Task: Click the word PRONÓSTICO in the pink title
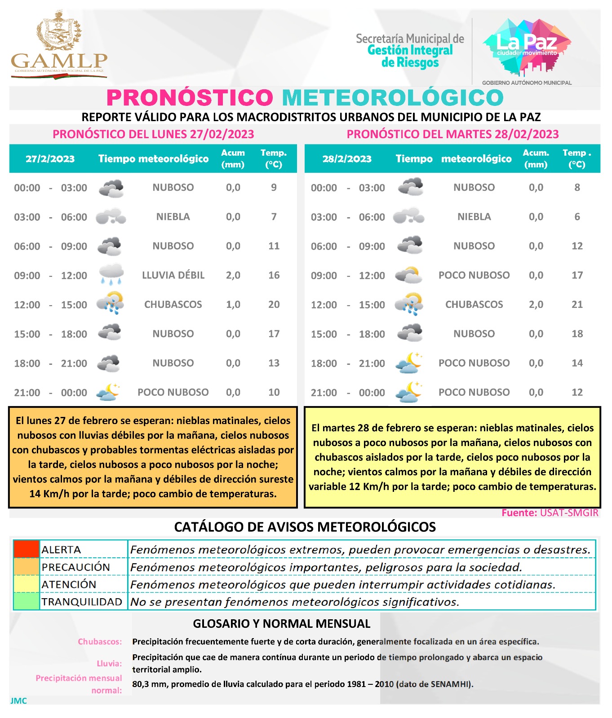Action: (190, 98)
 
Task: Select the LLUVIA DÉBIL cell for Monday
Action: (173, 275)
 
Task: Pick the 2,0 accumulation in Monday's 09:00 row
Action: (233, 275)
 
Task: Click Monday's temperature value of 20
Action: (274, 304)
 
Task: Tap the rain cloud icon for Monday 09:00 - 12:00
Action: (111, 274)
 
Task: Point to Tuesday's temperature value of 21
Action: (577, 304)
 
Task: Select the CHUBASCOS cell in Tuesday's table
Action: (474, 304)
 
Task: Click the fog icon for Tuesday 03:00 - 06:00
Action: (408, 216)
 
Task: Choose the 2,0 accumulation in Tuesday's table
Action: (536, 304)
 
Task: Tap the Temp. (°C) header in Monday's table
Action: (273, 158)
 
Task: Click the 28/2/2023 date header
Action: (346, 159)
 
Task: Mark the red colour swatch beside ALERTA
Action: (27, 549)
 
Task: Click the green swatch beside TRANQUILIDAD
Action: (27, 601)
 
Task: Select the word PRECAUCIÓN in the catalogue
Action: (75, 567)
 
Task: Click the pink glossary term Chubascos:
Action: (100, 642)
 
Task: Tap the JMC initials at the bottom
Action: (18, 701)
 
